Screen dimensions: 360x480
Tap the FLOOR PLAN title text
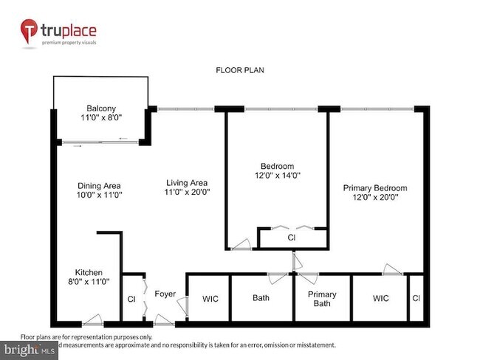pyautogui.click(x=239, y=71)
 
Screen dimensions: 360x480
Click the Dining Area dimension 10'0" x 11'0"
pyautogui.click(x=100, y=195)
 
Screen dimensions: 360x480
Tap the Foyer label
pyautogui.click(x=165, y=294)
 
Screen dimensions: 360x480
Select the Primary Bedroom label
pyautogui.click(x=374, y=188)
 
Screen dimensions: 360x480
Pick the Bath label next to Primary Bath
pyautogui.click(x=261, y=298)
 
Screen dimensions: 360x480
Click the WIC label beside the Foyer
pyautogui.click(x=209, y=299)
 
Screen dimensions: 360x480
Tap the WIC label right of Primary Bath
pyautogui.click(x=380, y=298)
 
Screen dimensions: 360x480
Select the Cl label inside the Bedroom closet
pyautogui.click(x=292, y=238)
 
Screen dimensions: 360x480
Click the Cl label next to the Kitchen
pyautogui.click(x=131, y=300)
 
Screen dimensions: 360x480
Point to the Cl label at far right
pyautogui.click(x=416, y=298)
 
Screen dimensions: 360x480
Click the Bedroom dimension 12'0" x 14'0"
pyautogui.click(x=277, y=176)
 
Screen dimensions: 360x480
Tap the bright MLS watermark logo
pyautogui.click(x=30, y=349)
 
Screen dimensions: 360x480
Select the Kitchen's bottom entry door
pyautogui.click(x=92, y=320)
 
